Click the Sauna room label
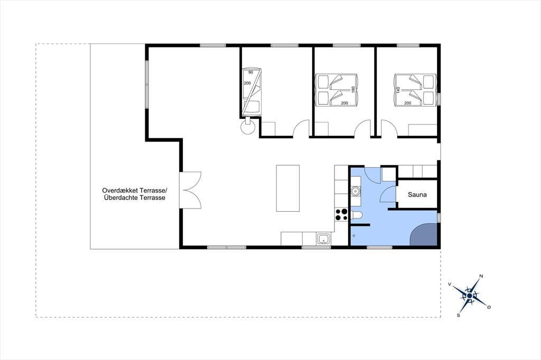tap(417, 194)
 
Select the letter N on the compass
tap(481, 276)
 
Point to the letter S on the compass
tap(459, 315)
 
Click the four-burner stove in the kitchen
tap(341, 215)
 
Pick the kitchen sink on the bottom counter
tap(323, 239)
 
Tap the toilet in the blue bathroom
tap(356, 216)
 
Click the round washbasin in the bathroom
tap(355, 191)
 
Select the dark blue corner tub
tap(424, 234)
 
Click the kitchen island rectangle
tap(288, 188)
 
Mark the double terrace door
tap(190, 190)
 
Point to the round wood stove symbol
tap(247, 127)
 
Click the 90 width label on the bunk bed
tap(250, 72)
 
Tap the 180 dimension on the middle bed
tap(352, 90)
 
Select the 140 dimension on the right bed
tap(398, 90)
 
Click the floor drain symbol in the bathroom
tap(353, 236)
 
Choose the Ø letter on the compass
tap(489, 307)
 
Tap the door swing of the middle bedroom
tap(362, 128)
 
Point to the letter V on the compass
tap(450, 284)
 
